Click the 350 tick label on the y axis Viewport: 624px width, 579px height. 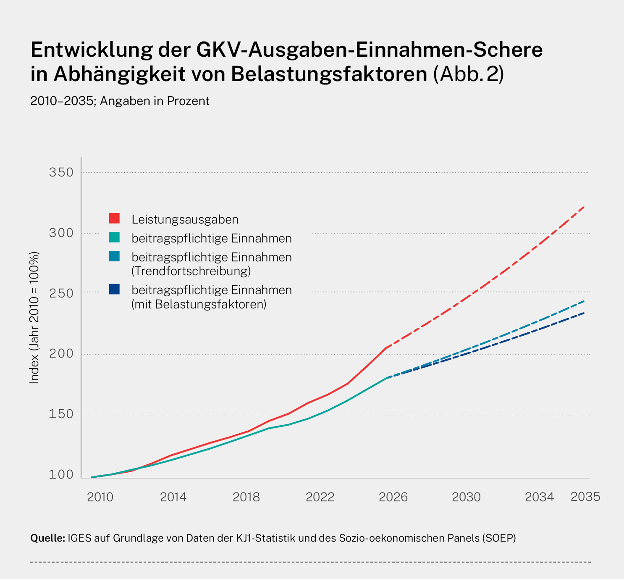(61, 172)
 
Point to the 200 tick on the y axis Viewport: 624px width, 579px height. (61, 354)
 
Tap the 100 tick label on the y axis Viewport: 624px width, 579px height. (61, 475)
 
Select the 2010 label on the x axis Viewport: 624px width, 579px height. (100, 497)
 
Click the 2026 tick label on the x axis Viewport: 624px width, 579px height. (393, 497)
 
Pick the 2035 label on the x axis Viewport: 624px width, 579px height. (585, 497)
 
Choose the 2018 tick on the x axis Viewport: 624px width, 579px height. (246, 497)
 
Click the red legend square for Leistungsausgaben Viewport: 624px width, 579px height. (114, 218)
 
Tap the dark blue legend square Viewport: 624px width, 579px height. (114, 289)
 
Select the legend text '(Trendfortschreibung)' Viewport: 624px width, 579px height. (191, 271)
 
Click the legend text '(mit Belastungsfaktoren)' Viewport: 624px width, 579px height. (199, 304)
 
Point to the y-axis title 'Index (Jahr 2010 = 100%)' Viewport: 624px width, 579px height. (34, 318)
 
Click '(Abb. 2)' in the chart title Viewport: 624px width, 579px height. (468, 74)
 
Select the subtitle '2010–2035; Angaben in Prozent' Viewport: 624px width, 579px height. (120, 101)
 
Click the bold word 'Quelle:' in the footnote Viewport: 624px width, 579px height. (47, 538)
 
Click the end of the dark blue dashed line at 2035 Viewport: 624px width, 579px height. (585, 313)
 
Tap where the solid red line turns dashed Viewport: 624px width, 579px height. (386, 347)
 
